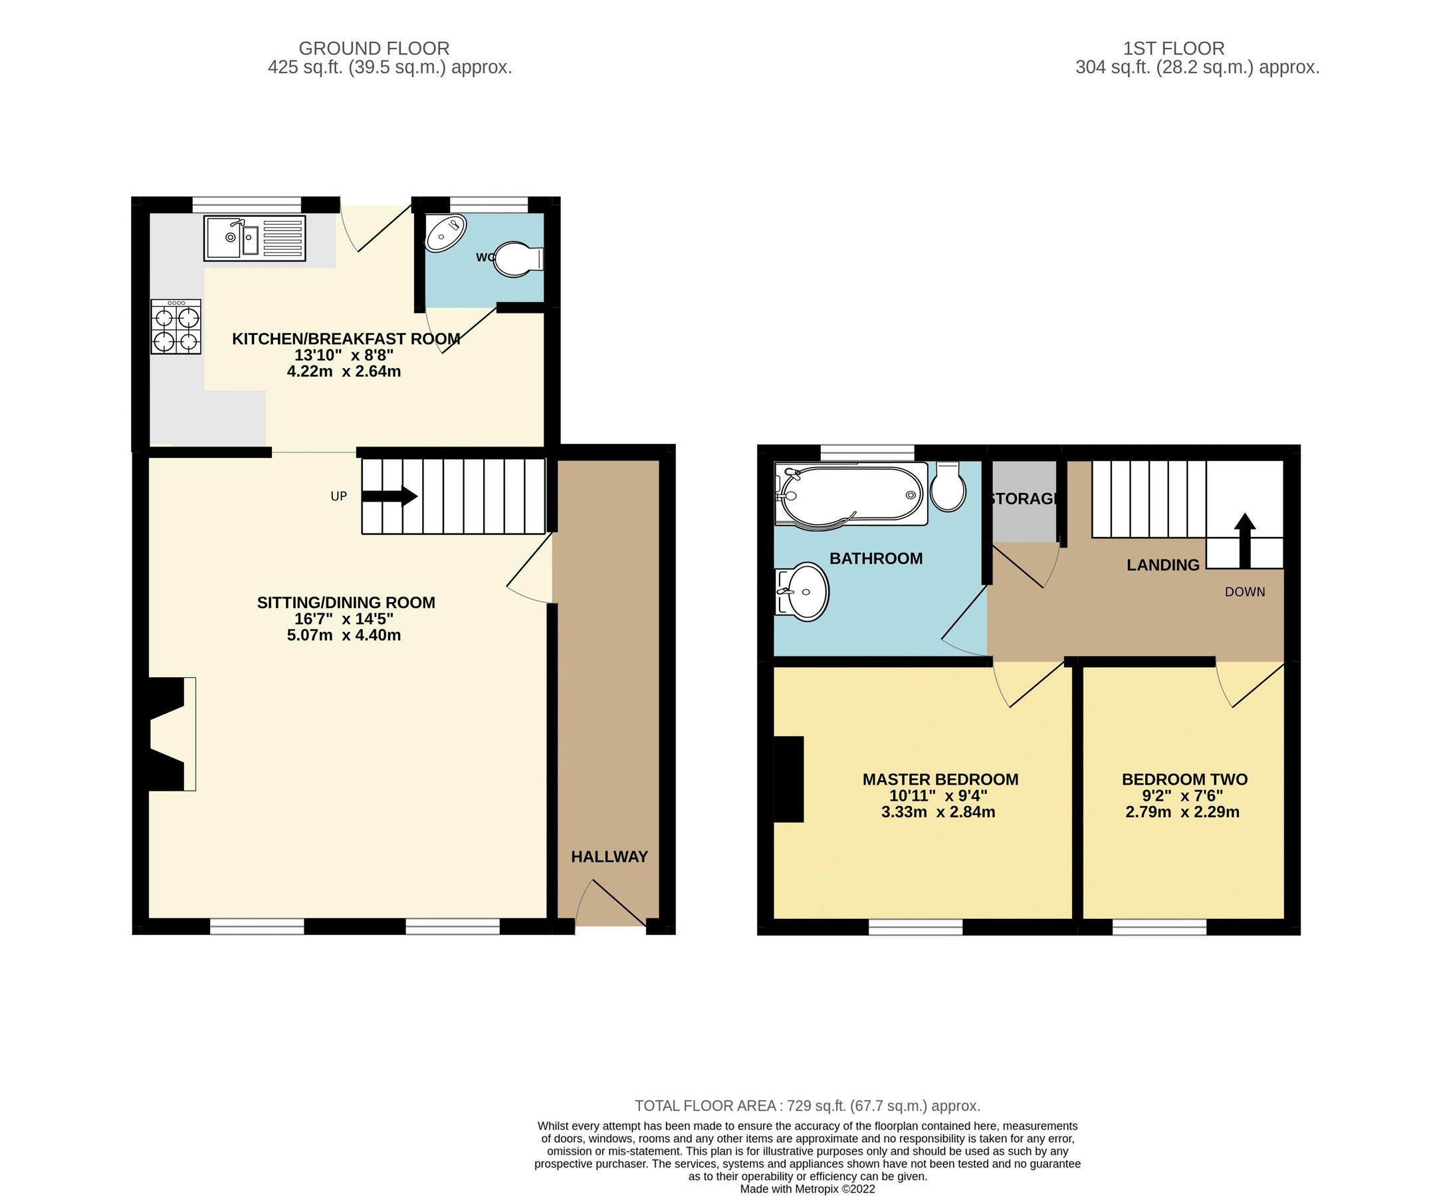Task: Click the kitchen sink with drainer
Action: click(x=254, y=238)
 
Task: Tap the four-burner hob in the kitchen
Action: click(x=176, y=327)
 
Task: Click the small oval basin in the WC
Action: click(x=445, y=233)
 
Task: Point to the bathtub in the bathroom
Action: click(x=851, y=494)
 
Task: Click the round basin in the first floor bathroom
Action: click(x=804, y=591)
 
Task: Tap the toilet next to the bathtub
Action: click(x=947, y=487)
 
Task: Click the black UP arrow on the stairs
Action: click(x=389, y=496)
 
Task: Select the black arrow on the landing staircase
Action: click(x=1245, y=540)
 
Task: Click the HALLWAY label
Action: click(x=609, y=857)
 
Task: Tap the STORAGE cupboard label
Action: click(x=1024, y=499)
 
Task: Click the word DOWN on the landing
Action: click(x=1245, y=592)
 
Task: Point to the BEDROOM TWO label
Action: click(x=1184, y=779)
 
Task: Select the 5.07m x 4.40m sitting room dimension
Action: click(x=344, y=635)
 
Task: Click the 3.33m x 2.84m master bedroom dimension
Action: click(x=938, y=812)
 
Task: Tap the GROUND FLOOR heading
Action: click(x=374, y=49)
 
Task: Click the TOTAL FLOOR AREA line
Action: click(x=808, y=1105)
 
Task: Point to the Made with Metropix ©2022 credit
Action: click(x=808, y=1189)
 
